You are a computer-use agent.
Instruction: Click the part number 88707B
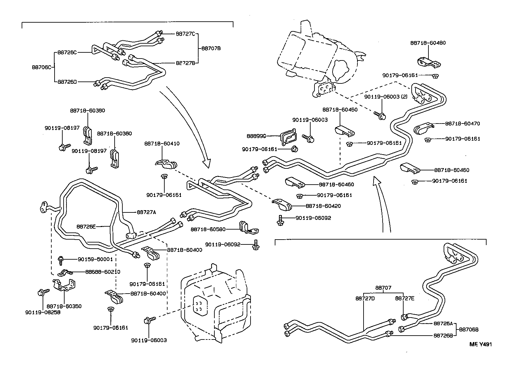point(211,48)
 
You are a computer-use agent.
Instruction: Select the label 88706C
point(41,67)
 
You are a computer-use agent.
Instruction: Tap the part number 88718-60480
point(428,43)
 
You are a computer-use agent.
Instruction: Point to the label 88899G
point(256,137)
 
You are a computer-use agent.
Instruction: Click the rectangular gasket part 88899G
point(288,137)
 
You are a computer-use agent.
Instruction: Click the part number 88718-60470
point(462,123)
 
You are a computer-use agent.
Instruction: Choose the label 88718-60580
point(208,229)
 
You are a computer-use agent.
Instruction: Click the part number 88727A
point(146,212)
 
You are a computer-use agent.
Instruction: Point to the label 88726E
point(86,226)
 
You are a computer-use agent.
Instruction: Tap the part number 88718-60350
point(64,306)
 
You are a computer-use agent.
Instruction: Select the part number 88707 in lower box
point(383,287)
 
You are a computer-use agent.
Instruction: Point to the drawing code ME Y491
point(480,344)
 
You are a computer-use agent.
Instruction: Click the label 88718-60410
point(167,144)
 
